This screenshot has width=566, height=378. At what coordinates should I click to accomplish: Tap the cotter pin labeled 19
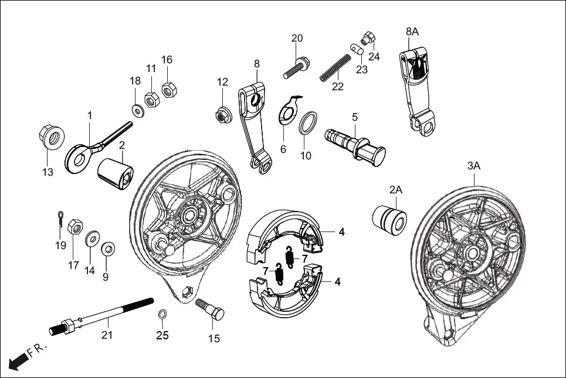tap(60, 218)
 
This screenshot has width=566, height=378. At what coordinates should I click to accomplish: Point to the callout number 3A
tap(474, 166)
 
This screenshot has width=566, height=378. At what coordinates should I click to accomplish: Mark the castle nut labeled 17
tap(75, 227)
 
